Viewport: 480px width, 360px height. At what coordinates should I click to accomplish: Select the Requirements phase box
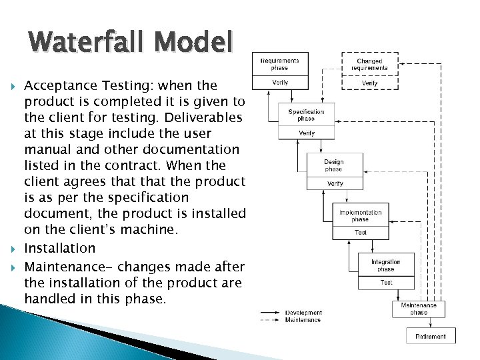point(279,64)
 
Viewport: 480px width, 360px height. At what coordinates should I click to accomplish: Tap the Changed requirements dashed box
point(369,64)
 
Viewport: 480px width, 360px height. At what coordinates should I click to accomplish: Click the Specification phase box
point(306,115)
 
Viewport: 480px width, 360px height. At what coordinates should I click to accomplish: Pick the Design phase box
point(334,165)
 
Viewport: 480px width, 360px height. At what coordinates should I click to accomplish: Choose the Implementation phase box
point(360,215)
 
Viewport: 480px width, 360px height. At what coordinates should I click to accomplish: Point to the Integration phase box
point(386,265)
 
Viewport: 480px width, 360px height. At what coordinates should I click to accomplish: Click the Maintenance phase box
point(419,309)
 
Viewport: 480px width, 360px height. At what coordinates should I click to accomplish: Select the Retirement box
point(431,336)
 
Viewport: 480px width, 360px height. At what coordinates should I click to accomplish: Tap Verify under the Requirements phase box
point(280,83)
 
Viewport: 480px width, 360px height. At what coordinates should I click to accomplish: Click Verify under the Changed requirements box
point(369,83)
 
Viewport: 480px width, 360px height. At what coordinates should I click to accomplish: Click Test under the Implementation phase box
point(360,233)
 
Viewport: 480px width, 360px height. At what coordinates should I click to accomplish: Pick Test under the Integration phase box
point(386,283)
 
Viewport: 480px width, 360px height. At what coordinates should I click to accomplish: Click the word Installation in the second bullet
point(60,248)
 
